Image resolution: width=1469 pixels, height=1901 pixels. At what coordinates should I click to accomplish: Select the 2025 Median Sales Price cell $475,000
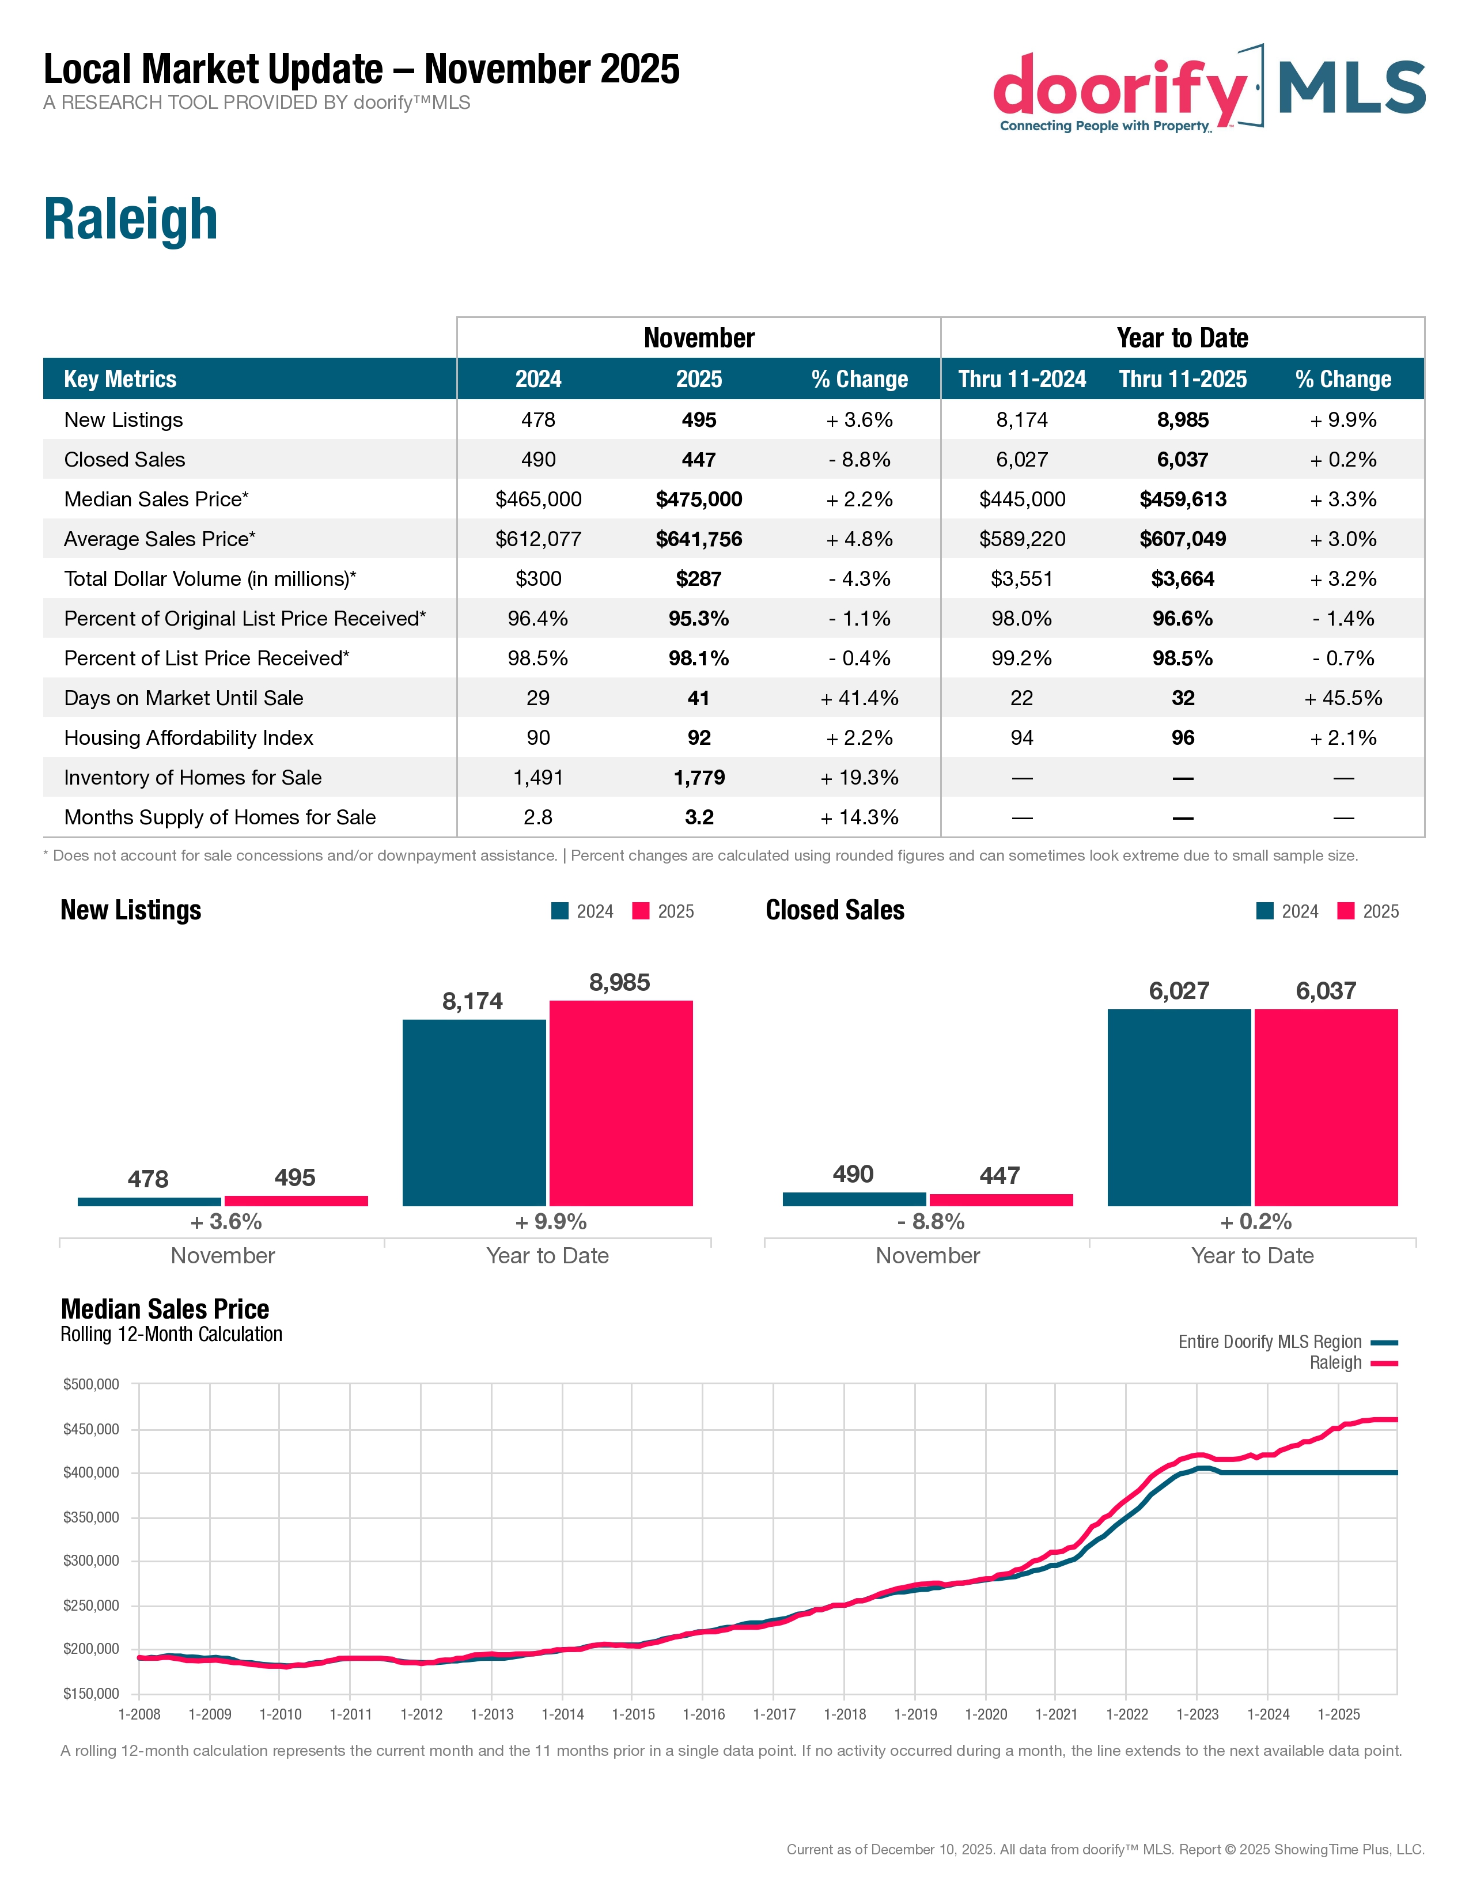(699, 499)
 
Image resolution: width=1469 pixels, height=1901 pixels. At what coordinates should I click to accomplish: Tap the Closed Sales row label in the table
(124, 460)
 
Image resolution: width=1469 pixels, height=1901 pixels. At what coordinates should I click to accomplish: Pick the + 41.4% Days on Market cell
(859, 698)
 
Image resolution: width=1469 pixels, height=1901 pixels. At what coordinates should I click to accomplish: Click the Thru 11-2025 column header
(1183, 380)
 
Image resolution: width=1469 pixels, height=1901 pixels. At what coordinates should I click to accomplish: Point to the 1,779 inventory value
(699, 777)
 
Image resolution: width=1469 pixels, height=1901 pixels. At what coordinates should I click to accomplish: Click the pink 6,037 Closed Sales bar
(1326, 1107)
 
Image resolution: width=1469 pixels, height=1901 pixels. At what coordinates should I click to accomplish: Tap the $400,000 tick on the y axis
(90, 1473)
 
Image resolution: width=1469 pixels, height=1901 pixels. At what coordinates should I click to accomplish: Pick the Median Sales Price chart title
(165, 1309)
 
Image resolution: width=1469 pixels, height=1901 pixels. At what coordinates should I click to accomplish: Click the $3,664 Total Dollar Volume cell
(1183, 579)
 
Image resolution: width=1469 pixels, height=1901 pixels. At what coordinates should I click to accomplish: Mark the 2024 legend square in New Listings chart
(559, 911)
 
